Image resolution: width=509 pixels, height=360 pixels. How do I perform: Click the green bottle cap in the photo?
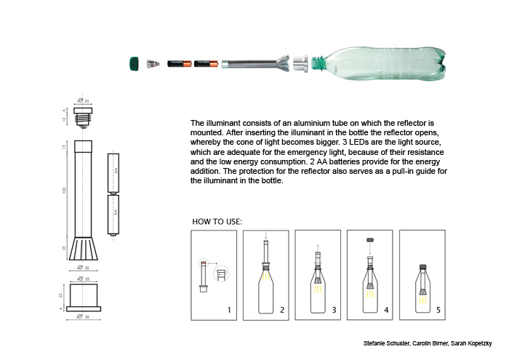coord(135,63)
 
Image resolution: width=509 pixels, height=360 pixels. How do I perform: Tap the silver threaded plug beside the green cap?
coord(153,64)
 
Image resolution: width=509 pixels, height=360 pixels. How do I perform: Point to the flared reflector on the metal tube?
coord(281,63)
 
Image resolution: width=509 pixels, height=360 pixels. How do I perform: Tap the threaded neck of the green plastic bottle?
coord(318,63)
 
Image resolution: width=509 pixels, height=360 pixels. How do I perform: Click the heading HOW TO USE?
coord(217,221)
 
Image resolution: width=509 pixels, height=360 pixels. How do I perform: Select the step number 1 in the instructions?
coord(229,311)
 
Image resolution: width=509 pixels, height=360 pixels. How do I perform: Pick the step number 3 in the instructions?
coord(333,311)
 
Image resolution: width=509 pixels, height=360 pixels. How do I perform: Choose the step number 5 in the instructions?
coord(438,311)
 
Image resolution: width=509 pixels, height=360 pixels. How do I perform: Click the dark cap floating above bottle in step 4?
coord(369,239)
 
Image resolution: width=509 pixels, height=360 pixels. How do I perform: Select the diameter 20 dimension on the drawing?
coord(84,101)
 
